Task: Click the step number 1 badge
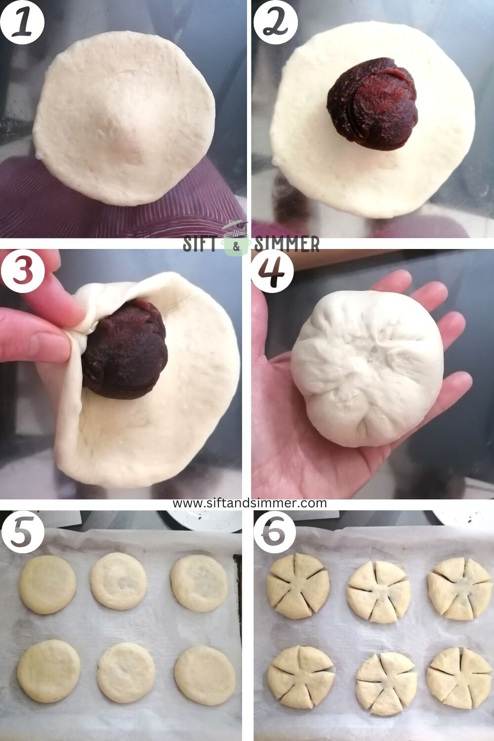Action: [22, 22]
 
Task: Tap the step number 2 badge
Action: [275, 22]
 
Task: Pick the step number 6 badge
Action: [274, 534]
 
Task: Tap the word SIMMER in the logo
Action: [287, 244]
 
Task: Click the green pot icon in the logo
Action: [236, 240]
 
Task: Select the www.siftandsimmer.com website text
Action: [249, 503]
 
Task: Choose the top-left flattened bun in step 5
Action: [47, 584]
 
